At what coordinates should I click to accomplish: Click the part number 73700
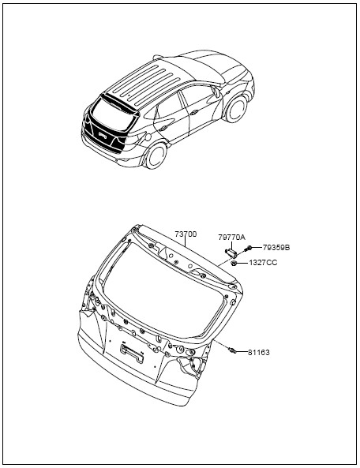tap(186, 234)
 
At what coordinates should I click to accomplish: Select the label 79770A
tap(231, 238)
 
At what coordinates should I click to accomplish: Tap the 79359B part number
tap(276, 248)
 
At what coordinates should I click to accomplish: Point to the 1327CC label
tap(263, 263)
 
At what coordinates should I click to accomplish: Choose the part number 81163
tap(259, 353)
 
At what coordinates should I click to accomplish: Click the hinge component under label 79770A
tap(231, 253)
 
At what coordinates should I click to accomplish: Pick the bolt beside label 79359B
tap(248, 248)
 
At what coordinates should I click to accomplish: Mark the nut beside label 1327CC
tap(234, 263)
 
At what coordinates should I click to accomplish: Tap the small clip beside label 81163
tap(232, 350)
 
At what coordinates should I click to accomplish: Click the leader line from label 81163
tap(242, 353)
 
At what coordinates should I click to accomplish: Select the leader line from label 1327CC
tap(242, 263)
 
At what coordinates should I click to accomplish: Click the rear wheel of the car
tap(156, 155)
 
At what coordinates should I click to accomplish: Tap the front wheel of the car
tap(237, 109)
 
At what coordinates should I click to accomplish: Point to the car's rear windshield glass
tap(113, 115)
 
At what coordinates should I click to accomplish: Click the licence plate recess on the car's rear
tap(103, 136)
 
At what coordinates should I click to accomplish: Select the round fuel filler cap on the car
tap(147, 137)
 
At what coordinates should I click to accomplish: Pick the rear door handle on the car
tap(163, 129)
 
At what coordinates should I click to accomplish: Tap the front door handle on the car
tap(194, 113)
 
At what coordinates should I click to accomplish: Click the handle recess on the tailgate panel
tap(132, 353)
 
